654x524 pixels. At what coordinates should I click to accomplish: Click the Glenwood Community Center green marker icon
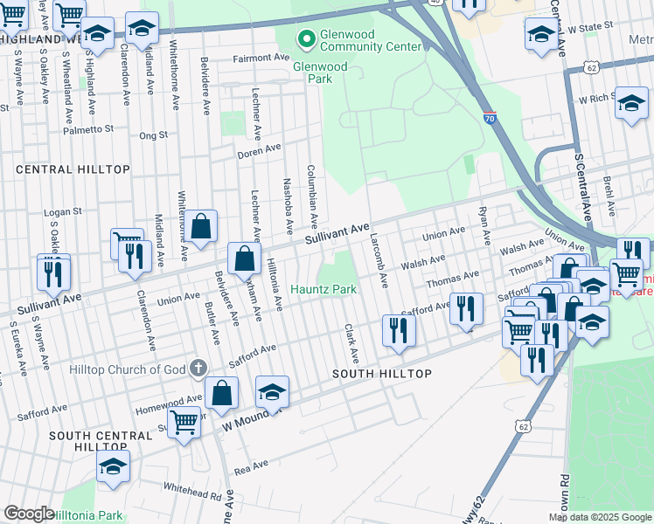(306, 38)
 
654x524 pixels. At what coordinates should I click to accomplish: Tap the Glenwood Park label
(320, 72)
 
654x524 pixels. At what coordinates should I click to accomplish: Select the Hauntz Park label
(324, 289)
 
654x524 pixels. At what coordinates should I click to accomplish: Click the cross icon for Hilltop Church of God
(198, 369)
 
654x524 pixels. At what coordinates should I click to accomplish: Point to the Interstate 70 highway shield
(490, 116)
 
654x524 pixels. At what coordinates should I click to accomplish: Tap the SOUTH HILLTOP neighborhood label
(382, 374)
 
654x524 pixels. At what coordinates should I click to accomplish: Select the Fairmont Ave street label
(260, 58)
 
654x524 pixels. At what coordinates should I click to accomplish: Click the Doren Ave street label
(259, 152)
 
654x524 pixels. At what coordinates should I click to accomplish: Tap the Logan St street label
(63, 211)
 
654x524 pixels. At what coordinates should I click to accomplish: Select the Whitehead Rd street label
(191, 493)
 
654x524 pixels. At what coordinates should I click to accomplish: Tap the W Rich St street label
(591, 100)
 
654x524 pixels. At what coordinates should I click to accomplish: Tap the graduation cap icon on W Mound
(272, 393)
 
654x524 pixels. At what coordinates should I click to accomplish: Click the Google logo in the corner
(28, 514)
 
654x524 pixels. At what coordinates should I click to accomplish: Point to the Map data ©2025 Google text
(599, 517)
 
